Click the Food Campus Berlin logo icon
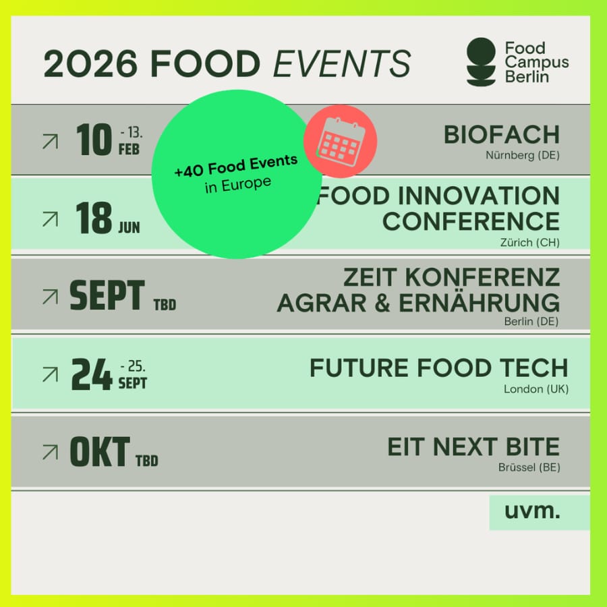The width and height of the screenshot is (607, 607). tap(481, 61)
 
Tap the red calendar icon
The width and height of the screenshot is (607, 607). tap(341, 142)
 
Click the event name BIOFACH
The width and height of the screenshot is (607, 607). tap(501, 135)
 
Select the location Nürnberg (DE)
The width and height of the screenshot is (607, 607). tap(523, 156)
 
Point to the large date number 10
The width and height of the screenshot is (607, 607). tap(94, 140)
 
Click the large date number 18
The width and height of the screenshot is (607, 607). tap(94, 218)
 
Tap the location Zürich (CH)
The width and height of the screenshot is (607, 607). tap(529, 243)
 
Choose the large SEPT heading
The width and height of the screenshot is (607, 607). tap(107, 295)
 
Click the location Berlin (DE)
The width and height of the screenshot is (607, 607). tap(531, 321)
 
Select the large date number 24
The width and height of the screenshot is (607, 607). tap(91, 374)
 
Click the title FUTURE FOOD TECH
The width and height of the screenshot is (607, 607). tap(438, 368)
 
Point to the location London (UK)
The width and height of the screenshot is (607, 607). tap(536, 389)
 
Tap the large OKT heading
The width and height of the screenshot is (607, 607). tap(100, 452)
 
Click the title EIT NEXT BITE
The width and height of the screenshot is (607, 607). tap(473, 446)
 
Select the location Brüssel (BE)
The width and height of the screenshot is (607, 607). tap(529, 467)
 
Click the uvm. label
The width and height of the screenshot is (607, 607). tap(532, 511)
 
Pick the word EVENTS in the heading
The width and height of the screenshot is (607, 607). tap(342, 63)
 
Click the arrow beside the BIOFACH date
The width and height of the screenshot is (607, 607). tap(51, 142)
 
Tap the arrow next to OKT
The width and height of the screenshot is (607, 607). tap(51, 452)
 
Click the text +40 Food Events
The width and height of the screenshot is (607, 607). tap(236, 166)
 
